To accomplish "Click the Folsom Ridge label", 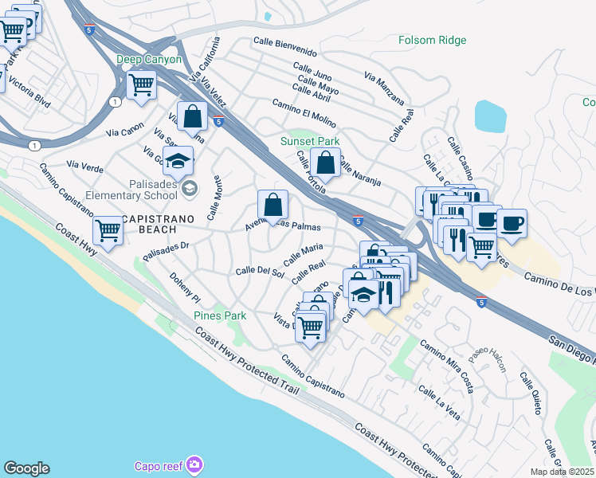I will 433,40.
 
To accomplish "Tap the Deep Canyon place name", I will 149,59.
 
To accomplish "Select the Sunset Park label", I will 309,141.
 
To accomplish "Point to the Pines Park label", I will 220,315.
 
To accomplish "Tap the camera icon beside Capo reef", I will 195,464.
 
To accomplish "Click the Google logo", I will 26,468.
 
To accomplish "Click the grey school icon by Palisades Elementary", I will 190,188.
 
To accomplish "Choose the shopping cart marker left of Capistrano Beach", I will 108,230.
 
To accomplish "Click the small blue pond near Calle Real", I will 492,116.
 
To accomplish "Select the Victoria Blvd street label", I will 29,97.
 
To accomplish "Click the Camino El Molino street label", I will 303,115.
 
